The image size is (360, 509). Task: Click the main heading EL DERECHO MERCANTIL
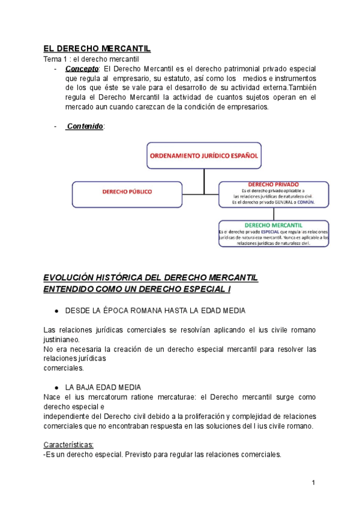click(x=97, y=49)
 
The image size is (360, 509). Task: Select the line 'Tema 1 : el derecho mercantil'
click(x=91, y=59)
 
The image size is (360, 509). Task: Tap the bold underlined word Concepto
click(x=82, y=69)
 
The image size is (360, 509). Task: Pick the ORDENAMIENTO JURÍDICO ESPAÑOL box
click(x=204, y=155)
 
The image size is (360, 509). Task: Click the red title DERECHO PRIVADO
click(x=273, y=184)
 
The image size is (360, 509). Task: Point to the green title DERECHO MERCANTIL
click(x=273, y=225)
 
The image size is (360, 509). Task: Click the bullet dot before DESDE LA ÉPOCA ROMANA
click(x=56, y=311)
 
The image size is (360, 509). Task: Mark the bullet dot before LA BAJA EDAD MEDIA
click(x=56, y=387)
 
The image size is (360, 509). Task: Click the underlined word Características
click(x=68, y=445)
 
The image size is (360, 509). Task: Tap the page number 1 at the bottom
click(x=313, y=483)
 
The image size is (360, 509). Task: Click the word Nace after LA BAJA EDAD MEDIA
click(x=52, y=397)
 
